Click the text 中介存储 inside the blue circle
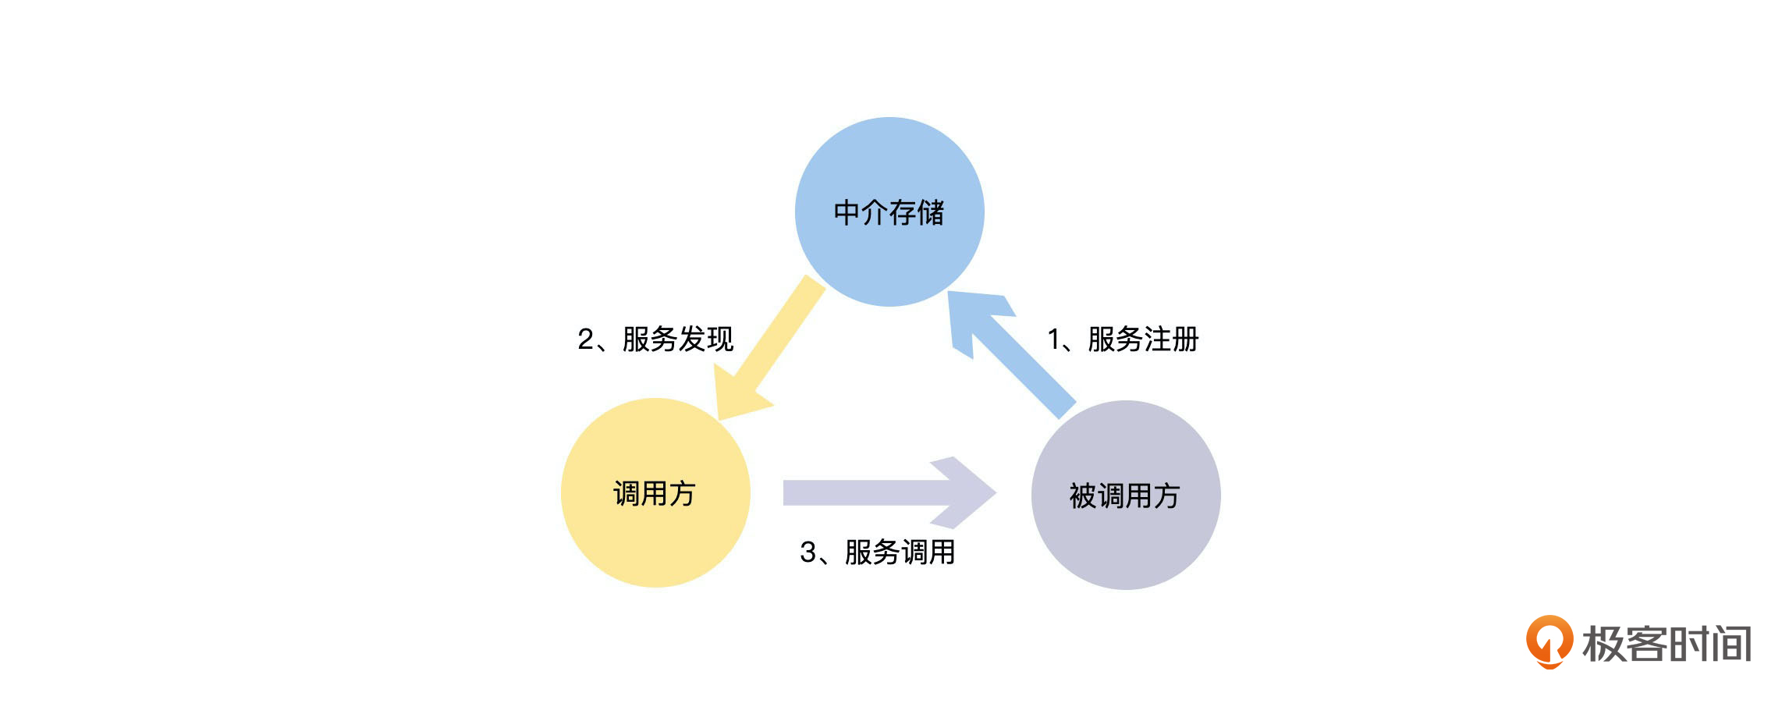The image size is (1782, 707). [x=889, y=212]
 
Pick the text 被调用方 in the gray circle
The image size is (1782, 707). [x=1124, y=496]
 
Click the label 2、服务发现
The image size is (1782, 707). [x=655, y=339]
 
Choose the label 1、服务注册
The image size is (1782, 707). [x=1123, y=339]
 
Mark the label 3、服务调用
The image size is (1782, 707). [x=877, y=552]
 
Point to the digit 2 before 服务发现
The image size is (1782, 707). [x=586, y=339]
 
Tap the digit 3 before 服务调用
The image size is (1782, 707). [x=808, y=552]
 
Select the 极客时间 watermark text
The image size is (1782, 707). [x=1667, y=645]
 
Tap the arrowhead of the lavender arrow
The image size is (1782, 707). [x=967, y=492]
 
